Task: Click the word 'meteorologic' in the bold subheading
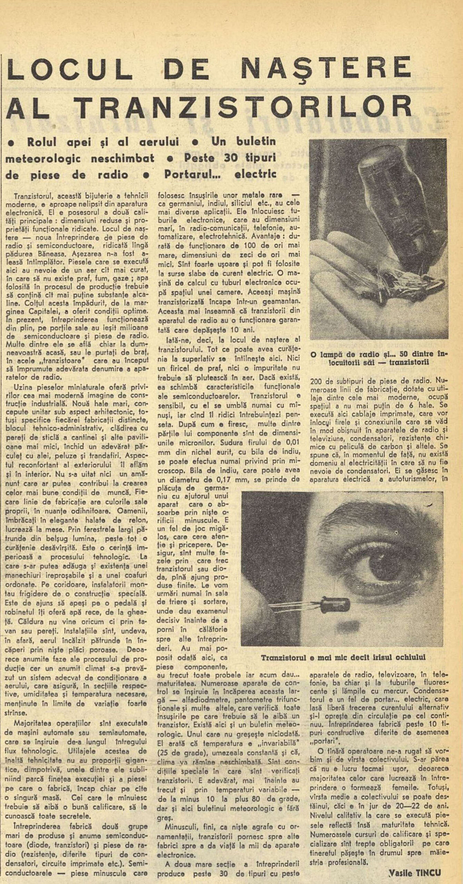[x=43, y=158]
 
